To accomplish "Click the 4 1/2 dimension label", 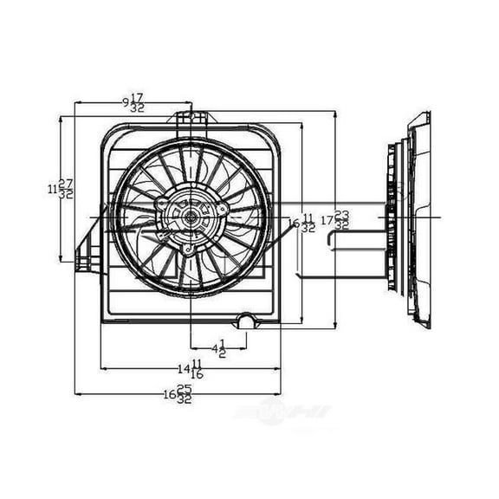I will coord(217,348).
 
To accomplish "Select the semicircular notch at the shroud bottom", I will coord(247,321).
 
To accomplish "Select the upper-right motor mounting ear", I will coord(224,209).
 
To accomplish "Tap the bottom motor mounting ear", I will coord(188,249).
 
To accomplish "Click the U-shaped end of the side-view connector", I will coord(332,239).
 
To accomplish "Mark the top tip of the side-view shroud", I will coord(423,114).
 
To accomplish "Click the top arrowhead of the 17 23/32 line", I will coord(335,113).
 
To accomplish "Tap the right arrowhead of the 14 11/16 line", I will coord(278,369).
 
